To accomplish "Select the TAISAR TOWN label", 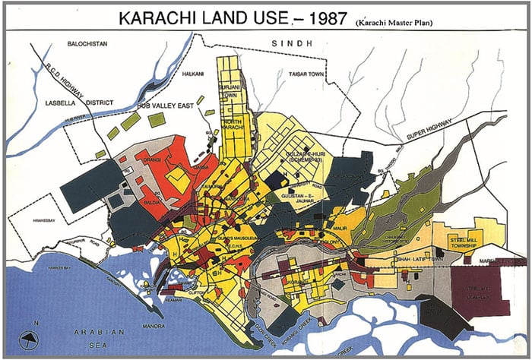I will point(306,74).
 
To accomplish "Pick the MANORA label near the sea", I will point(155,327).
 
